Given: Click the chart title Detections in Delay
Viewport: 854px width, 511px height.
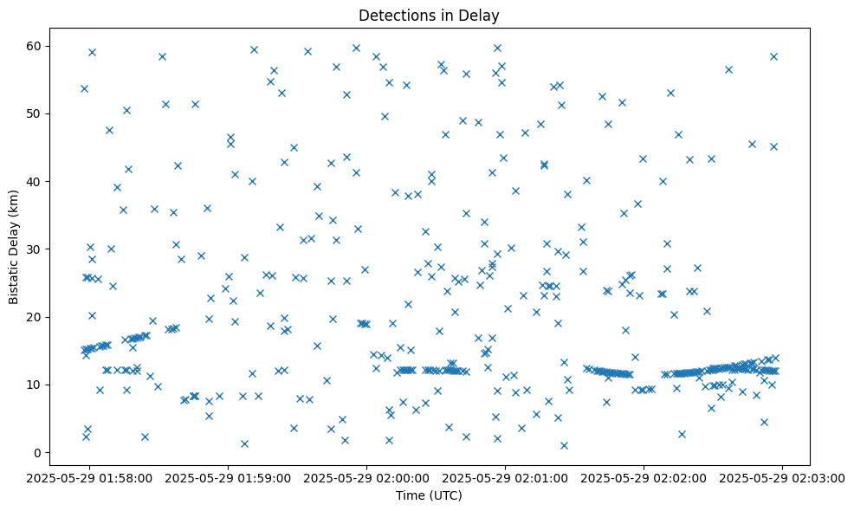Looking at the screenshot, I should point(430,16).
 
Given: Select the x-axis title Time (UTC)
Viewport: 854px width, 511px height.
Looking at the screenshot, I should point(430,495).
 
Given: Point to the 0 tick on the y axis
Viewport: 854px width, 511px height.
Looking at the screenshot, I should point(37,452).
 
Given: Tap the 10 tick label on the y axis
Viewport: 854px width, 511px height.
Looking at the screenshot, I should point(34,385).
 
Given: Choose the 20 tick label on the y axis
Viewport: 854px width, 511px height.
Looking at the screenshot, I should point(34,317).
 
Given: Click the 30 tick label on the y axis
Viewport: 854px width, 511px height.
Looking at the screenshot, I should point(34,249).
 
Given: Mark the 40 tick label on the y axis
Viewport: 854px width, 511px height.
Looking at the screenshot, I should point(34,181).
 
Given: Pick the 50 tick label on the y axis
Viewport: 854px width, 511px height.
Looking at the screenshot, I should point(34,113).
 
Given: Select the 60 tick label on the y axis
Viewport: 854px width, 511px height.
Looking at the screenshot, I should point(34,46).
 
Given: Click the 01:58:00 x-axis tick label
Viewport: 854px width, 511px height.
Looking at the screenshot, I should point(90,476).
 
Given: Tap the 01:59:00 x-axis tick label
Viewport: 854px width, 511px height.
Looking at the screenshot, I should point(229,476).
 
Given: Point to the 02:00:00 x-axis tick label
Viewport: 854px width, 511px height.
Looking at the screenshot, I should point(367,476).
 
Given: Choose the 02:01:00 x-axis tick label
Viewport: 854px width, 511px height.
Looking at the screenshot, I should point(506,476).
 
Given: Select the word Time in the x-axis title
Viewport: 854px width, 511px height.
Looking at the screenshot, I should point(412,495).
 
